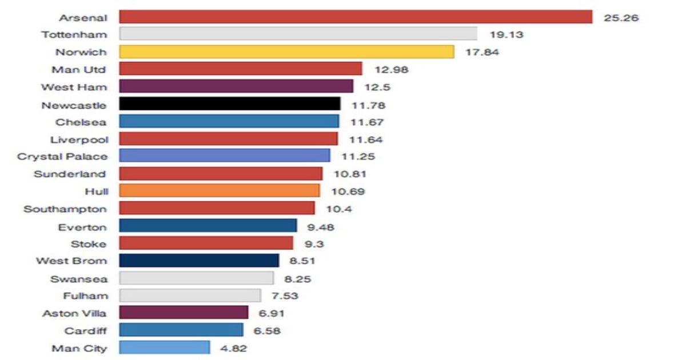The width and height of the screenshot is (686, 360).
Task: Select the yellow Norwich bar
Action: point(286,52)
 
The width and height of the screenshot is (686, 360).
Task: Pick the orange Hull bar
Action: point(220,191)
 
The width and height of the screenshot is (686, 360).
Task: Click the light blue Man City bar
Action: point(165,347)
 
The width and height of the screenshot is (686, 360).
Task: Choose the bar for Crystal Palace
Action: point(225,156)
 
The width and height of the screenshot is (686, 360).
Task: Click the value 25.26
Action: point(621,18)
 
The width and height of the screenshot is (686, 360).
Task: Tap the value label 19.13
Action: point(506,35)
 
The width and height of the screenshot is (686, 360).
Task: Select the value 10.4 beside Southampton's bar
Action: point(339,209)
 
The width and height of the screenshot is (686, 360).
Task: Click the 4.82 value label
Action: point(234,348)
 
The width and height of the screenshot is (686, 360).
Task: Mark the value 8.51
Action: point(303,261)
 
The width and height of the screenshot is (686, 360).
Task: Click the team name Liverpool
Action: point(81,139)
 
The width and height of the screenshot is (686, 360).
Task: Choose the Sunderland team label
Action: point(70,174)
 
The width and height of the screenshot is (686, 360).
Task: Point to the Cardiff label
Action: point(85,330)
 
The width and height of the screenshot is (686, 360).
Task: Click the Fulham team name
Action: point(85,296)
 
